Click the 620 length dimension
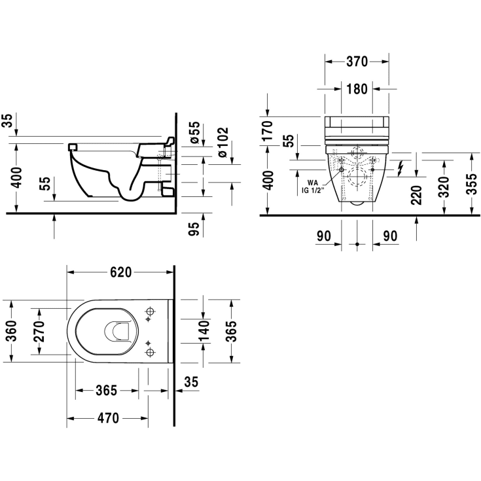click(x=120, y=272)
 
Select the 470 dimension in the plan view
click(x=108, y=418)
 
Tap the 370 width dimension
click(x=357, y=62)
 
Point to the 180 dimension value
click(x=357, y=89)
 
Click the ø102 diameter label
click(x=223, y=143)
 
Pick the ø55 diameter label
click(x=195, y=132)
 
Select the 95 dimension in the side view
click(x=194, y=229)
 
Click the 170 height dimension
click(x=268, y=131)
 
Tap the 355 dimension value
click(x=472, y=184)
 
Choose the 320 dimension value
click(x=444, y=187)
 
